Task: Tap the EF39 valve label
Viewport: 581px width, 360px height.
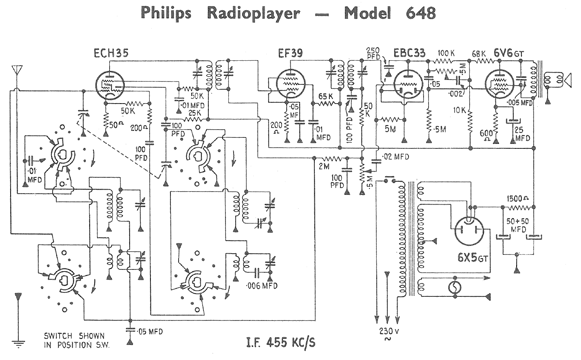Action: (x=291, y=53)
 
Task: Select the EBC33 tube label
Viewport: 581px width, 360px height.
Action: (x=409, y=53)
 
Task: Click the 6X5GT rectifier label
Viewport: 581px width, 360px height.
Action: (x=472, y=258)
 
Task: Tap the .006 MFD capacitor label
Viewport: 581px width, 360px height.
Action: (x=261, y=286)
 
